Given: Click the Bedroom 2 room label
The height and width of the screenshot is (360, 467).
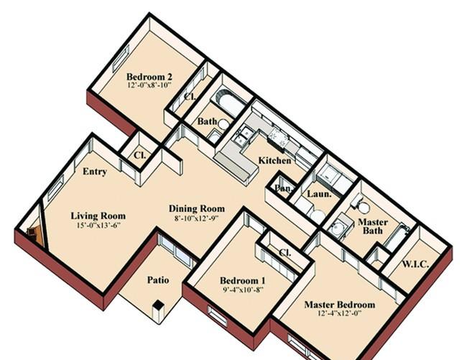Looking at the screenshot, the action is [x=149, y=76].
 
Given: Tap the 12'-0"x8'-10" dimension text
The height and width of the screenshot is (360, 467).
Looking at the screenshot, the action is [x=149, y=85].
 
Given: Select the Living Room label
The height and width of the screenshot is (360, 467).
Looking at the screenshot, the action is [x=98, y=216].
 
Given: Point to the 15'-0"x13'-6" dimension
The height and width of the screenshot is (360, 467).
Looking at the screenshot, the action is [x=98, y=224].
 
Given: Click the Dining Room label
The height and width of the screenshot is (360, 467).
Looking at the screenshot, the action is [x=197, y=208].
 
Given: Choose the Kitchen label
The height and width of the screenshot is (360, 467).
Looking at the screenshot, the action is [x=274, y=160].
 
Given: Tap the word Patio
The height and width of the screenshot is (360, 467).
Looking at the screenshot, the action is [x=158, y=280].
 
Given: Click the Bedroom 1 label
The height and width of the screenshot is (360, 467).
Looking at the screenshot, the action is [x=242, y=280].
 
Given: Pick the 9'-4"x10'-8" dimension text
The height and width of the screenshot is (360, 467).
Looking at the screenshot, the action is [x=243, y=289].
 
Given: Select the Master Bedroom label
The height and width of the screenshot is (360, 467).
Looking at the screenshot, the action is [x=340, y=305].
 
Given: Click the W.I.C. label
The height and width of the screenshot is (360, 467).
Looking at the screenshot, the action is [x=415, y=264].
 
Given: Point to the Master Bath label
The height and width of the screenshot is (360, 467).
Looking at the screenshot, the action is [x=373, y=226].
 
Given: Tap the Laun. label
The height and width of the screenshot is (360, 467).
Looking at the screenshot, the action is [x=319, y=194].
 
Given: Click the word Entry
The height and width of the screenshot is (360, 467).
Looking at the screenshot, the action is [x=95, y=172].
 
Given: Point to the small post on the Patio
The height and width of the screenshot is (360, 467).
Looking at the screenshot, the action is [x=158, y=311].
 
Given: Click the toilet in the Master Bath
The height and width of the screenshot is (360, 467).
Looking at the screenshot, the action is [x=361, y=206].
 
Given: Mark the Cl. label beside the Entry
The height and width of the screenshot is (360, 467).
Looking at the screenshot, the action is [x=139, y=154].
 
